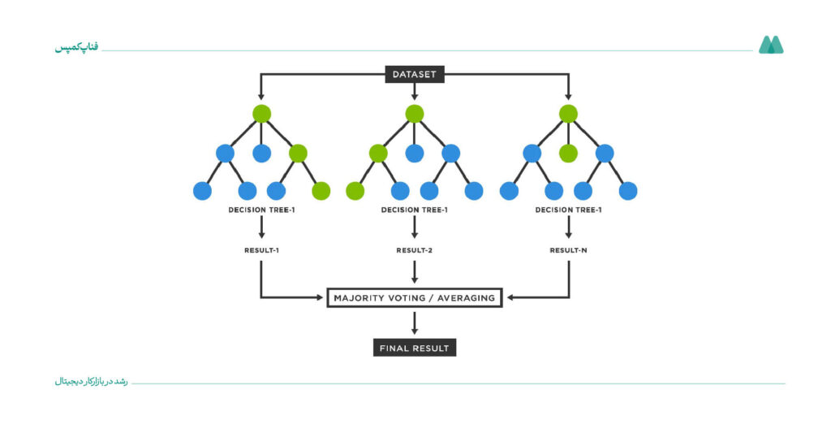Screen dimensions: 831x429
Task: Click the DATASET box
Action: tap(415, 74)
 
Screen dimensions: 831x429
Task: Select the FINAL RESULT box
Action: tap(415, 349)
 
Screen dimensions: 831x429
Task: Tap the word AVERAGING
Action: tap(466, 298)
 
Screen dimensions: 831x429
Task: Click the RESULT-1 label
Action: tap(261, 250)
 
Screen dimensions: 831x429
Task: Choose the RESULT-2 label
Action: tap(415, 250)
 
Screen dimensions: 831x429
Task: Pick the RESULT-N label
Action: tap(568, 250)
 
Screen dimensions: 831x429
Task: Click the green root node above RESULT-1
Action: tap(262, 114)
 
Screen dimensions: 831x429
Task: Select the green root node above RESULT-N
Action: tap(568, 114)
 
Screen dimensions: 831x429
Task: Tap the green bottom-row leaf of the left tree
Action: tap(321, 191)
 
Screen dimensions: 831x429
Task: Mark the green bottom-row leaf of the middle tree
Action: tap(355, 191)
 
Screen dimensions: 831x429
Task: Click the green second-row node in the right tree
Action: tap(568, 154)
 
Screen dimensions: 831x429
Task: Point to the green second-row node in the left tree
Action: tap(298, 154)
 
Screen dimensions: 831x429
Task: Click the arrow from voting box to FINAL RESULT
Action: tap(415, 323)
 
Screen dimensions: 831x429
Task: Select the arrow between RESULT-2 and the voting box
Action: tap(415, 272)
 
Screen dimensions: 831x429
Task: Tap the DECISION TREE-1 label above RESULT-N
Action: tap(568, 210)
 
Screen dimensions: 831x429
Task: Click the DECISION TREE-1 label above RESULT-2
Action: tap(415, 210)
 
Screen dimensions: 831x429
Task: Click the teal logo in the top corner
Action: tap(771, 45)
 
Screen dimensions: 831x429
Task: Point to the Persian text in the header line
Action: tap(77, 47)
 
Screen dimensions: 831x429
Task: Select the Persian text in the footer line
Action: tap(91, 382)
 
